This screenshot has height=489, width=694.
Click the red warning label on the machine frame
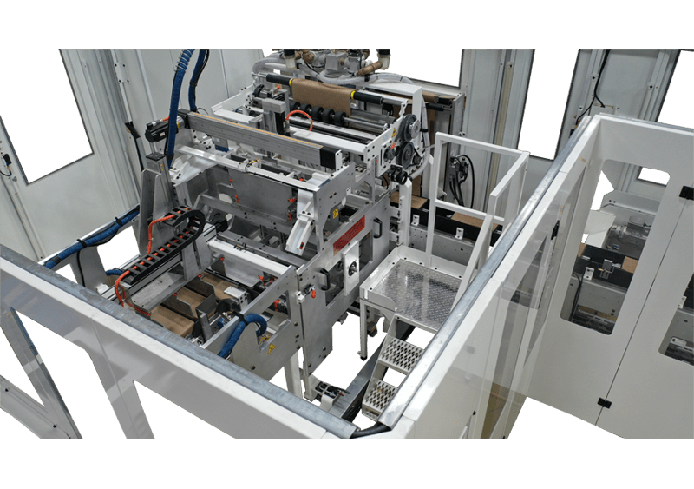[350, 233]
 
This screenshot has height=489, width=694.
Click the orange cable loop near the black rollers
[299, 119]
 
